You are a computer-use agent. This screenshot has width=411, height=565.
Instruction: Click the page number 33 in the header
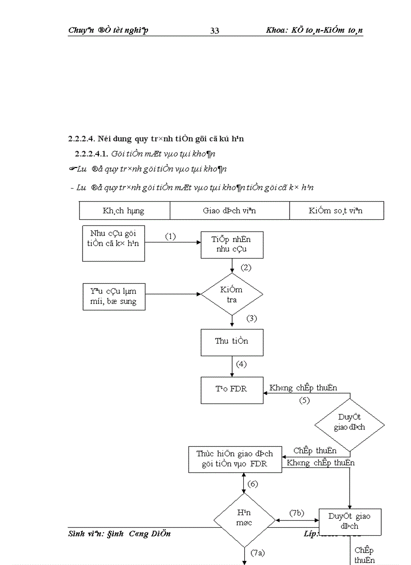[214, 31]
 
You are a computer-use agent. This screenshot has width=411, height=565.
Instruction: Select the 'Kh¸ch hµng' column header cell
[124, 211]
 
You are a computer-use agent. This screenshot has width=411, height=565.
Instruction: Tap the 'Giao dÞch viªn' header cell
[229, 211]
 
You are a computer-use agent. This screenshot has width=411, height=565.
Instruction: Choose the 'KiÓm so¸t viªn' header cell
[336, 211]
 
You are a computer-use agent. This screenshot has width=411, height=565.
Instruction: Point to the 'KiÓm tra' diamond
[232, 294]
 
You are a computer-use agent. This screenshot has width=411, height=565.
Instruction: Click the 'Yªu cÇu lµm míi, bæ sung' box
[113, 296]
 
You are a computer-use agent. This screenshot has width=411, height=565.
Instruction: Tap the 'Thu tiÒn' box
[232, 341]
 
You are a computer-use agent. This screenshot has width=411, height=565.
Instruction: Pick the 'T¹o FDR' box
[232, 389]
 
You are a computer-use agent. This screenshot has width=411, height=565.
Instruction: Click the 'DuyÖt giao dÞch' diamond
[349, 422]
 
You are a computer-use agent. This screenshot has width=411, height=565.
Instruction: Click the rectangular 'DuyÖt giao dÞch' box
[349, 521]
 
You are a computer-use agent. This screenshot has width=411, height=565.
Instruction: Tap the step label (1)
[170, 236]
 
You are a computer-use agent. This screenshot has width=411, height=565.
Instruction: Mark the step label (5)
[304, 401]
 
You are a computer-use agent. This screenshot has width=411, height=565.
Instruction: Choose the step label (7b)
[297, 513]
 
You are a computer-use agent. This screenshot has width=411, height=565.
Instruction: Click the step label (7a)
[257, 552]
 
